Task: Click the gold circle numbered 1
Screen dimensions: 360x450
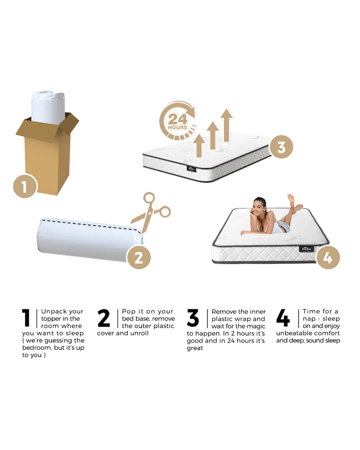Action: tap(25, 186)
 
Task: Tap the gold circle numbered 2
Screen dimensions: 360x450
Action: tap(139, 257)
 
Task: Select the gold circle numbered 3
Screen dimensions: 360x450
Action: tap(281, 147)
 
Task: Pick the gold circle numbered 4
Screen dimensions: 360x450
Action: tap(328, 258)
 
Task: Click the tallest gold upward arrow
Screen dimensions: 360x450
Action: tap(227, 125)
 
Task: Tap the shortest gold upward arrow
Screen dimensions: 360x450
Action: tap(199, 145)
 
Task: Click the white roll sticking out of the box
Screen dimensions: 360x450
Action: tap(48, 107)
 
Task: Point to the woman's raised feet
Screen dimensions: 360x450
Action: tap(294, 202)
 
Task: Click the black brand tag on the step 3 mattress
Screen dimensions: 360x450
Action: tap(191, 169)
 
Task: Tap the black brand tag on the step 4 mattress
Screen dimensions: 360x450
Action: tap(306, 249)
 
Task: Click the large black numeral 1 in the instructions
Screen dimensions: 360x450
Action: tap(26, 318)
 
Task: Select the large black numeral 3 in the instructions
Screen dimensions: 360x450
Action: tap(193, 318)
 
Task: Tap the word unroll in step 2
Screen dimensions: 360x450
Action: tap(140, 333)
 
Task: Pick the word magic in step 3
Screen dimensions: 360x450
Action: tap(258, 326)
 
